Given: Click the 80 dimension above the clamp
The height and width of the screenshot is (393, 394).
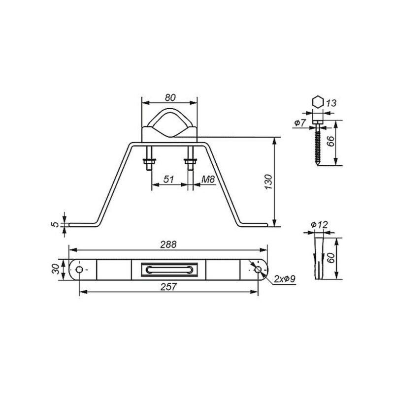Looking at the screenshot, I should [169, 97].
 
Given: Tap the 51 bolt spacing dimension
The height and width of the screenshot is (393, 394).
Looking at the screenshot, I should [168, 180].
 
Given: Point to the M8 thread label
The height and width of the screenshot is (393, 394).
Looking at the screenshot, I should [208, 180].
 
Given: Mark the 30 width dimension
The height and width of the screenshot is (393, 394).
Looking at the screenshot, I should [56, 269].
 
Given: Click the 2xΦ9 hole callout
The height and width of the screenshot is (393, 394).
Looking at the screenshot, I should [285, 279].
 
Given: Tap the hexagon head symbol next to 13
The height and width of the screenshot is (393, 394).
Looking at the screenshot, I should [318, 102].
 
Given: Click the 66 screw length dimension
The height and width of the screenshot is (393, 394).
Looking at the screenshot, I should [331, 142].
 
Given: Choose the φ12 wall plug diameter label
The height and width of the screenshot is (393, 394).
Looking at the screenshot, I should [319, 225].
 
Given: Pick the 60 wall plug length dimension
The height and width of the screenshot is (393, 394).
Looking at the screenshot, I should [331, 257].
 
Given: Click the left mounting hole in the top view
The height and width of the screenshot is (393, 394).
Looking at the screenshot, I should [79, 269].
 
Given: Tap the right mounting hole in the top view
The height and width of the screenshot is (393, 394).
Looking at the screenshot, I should [258, 269].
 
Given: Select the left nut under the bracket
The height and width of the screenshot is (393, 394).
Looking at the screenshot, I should [148, 161].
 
